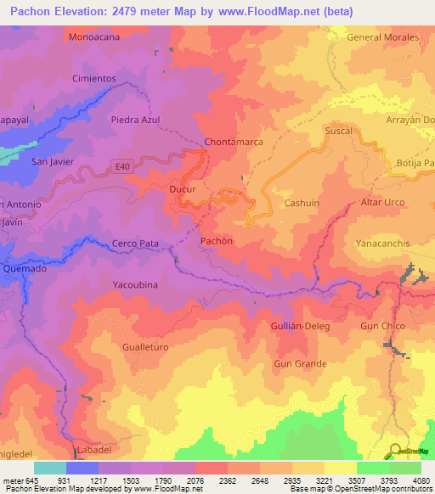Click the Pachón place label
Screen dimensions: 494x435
(x=216, y=241)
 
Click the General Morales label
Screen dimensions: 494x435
(x=383, y=37)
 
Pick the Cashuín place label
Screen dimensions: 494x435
(x=301, y=204)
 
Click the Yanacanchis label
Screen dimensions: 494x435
(x=383, y=244)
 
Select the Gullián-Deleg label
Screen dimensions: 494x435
(x=301, y=326)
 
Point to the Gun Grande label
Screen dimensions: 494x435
(x=300, y=363)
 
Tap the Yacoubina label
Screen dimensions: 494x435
(x=135, y=285)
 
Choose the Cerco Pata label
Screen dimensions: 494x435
(x=136, y=244)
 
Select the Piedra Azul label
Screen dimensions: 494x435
(x=135, y=120)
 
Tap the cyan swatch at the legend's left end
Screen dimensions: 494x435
(x=50, y=469)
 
